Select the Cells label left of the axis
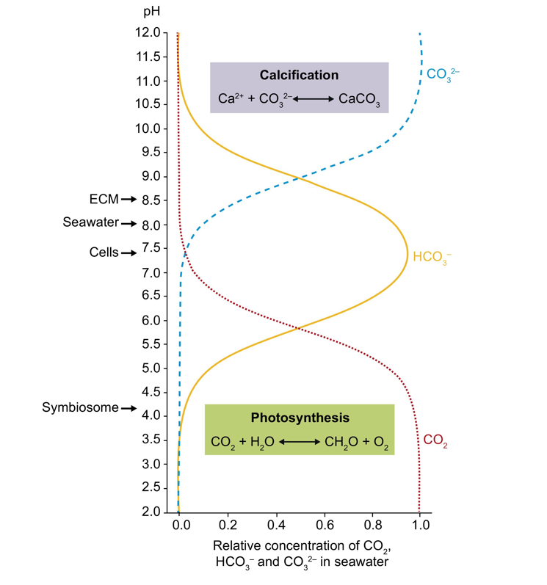pyautogui.click(x=104, y=252)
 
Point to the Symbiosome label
pyautogui.click(x=80, y=408)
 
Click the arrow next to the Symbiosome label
pyautogui.click(x=129, y=408)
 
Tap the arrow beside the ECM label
pyautogui.click(x=129, y=199)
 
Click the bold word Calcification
pyautogui.click(x=299, y=75)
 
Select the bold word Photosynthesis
pyautogui.click(x=300, y=418)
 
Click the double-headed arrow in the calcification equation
pyautogui.click(x=313, y=98)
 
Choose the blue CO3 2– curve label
pyautogui.click(x=443, y=75)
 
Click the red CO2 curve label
pyautogui.click(x=435, y=440)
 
